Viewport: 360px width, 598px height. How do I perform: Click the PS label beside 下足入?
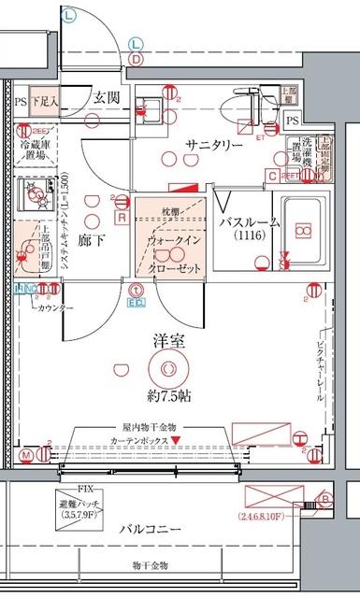(x=21, y=103)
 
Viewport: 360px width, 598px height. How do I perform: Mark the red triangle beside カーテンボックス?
(x=188, y=438)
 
